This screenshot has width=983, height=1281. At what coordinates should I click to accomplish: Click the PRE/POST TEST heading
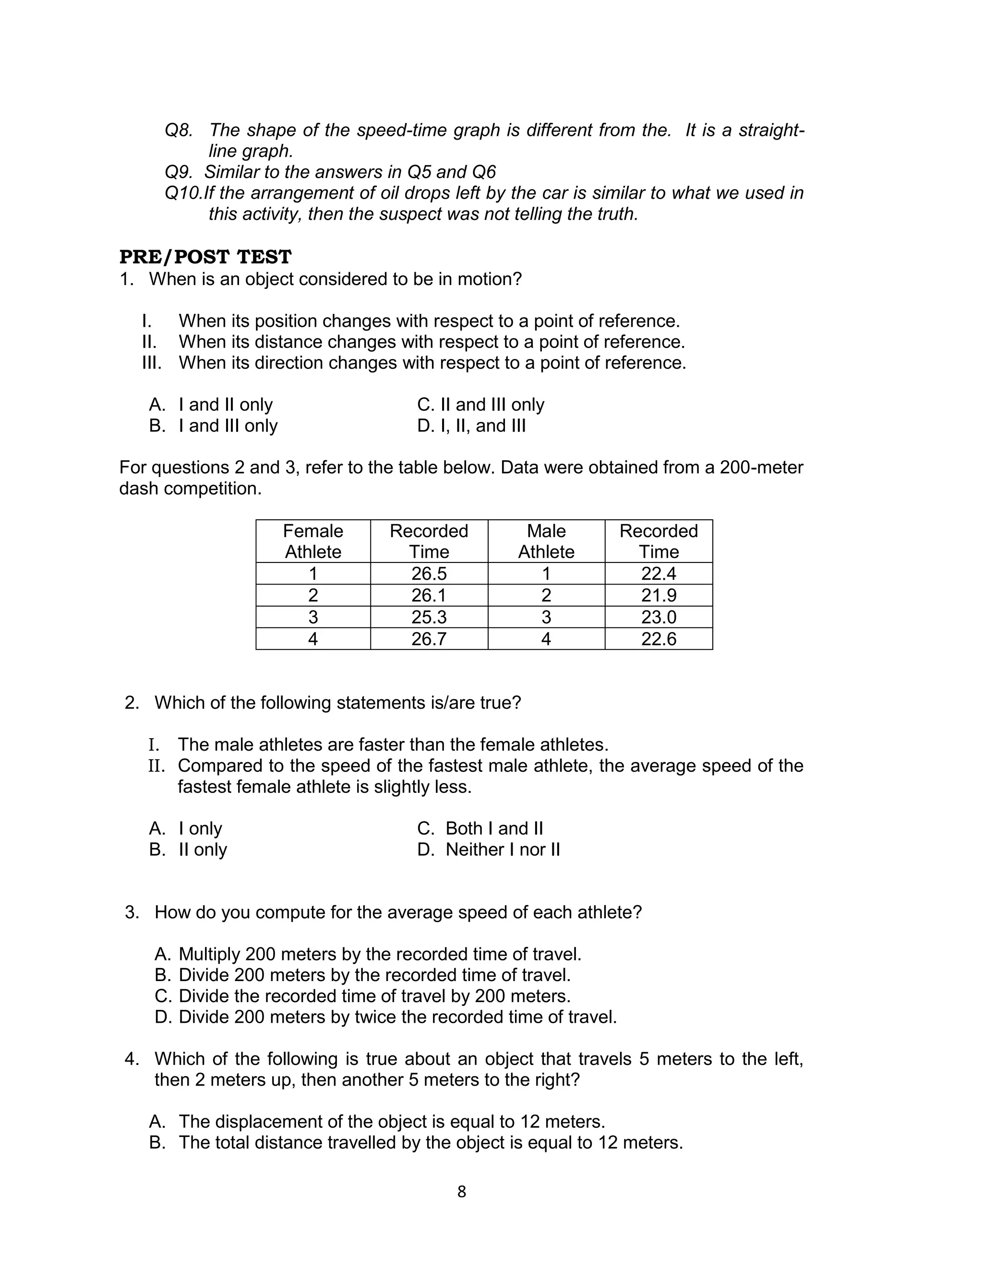(205, 257)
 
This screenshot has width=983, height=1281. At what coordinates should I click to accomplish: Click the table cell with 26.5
(429, 573)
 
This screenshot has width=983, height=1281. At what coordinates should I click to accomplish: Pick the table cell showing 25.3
(429, 617)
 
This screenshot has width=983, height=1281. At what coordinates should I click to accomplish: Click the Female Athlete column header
(313, 541)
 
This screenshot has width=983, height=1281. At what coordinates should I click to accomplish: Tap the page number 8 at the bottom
(462, 1192)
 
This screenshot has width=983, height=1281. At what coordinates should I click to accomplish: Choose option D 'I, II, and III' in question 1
(472, 426)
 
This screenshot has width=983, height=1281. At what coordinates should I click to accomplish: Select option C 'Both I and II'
(480, 828)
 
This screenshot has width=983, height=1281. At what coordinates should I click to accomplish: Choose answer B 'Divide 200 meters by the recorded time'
(363, 975)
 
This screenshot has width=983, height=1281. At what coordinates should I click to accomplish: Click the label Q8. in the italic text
(179, 130)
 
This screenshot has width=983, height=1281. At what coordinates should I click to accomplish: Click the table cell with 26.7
(429, 639)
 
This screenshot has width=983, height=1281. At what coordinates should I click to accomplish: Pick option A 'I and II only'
(211, 405)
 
